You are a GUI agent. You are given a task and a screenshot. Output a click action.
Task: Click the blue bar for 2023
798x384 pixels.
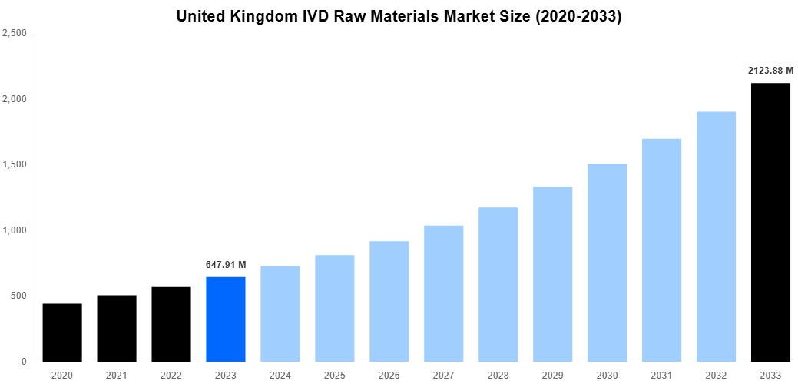point(226,319)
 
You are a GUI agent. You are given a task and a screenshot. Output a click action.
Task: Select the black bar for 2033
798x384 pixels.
point(770,223)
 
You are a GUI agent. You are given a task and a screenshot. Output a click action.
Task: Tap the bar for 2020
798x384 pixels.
point(62,333)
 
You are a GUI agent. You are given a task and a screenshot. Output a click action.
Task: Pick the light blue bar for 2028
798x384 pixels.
point(498,285)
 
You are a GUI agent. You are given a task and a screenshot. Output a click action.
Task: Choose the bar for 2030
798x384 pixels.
point(607,263)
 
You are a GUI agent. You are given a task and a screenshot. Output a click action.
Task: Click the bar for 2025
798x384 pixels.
point(334,309)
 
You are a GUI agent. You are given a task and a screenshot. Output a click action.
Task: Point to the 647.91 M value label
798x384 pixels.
point(226,265)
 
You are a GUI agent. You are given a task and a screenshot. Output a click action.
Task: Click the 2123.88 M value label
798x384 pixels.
point(770,71)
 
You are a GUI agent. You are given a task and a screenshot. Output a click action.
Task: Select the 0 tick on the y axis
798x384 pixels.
point(23,362)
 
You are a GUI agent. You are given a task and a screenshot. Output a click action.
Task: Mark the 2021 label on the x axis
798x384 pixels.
point(117,375)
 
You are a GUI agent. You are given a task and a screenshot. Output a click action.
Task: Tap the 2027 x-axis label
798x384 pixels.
point(443,375)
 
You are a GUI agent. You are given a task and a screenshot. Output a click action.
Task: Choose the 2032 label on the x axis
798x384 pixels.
point(716,375)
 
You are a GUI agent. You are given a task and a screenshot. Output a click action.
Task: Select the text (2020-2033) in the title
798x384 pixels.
point(574,16)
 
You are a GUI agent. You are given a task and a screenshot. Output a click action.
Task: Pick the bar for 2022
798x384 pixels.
point(171,324)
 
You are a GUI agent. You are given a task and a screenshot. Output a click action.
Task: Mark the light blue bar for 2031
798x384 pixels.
point(661,250)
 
